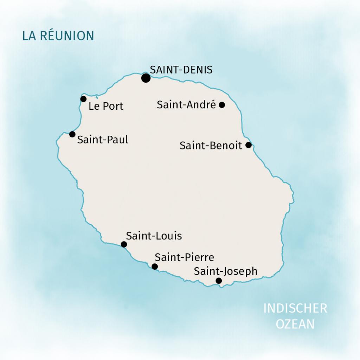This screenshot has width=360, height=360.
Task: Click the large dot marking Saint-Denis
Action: (x=146, y=78)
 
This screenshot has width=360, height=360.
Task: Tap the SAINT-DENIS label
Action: (x=181, y=70)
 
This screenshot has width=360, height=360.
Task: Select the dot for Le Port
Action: (x=83, y=99)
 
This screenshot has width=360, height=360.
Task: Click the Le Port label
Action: (x=106, y=106)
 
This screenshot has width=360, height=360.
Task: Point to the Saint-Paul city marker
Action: (x=72, y=134)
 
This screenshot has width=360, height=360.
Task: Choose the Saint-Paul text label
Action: (x=103, y=140)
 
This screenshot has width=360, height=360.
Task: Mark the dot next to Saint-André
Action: (x=222, y=104)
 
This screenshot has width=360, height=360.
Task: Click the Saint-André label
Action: (x=186, y=104)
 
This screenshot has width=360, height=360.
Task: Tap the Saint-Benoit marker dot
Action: (x=249, y=145)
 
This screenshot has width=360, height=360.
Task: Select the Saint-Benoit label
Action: (x=211, y=146)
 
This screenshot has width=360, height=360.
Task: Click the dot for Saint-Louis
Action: (x=124, y=244)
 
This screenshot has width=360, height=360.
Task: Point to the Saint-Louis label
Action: (x=154, y=236)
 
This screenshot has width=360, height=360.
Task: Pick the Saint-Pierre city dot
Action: (x=155, y=266)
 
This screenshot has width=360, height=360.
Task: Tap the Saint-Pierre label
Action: (x=184, y=257)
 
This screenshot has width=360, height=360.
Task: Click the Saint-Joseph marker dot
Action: (x=219, y=281)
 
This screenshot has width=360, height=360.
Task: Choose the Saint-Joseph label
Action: (x=226, y=271)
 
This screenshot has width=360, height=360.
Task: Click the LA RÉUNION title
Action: (x=58, y=36)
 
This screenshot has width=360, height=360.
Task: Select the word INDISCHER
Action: (x=295, y=308)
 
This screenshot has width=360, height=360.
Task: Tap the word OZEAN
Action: (x=295, y=324)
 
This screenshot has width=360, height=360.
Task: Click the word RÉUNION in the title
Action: (x=67, y=36)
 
